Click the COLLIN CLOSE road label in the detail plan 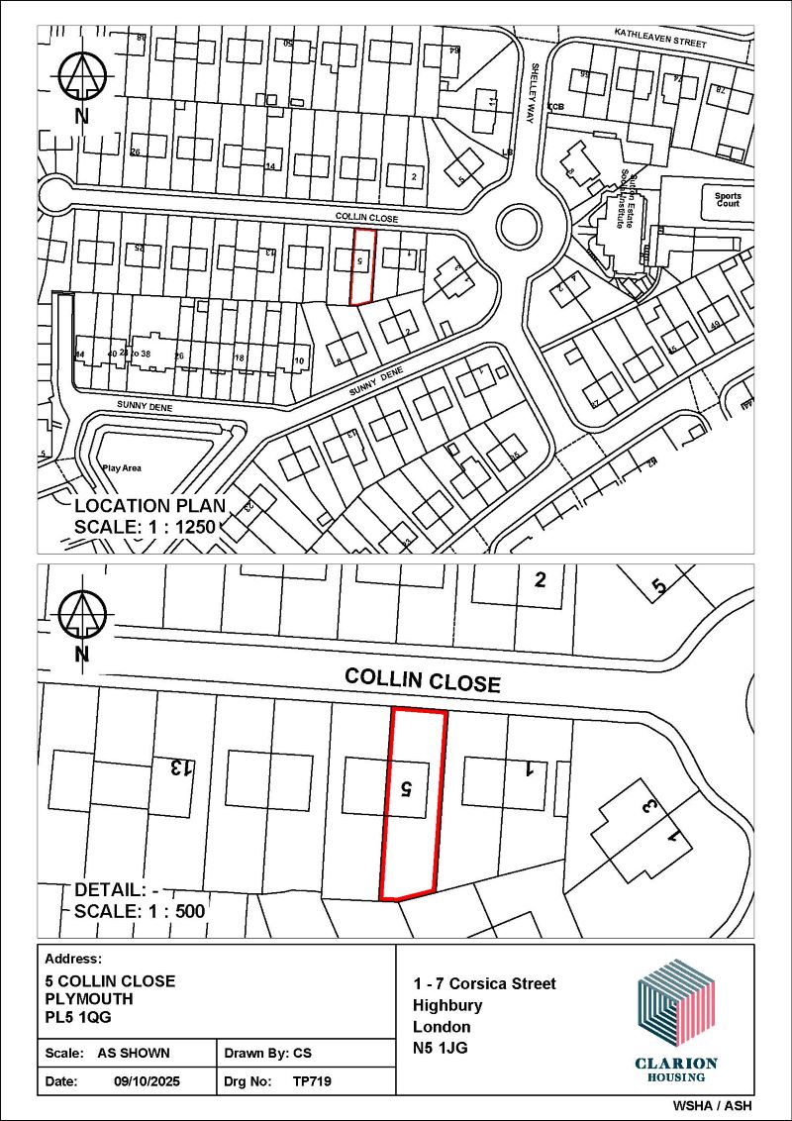point(423,679)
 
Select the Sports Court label point(728,200)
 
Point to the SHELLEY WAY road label point(533,80)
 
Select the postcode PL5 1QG point(79,1016)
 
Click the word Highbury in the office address point(448,1004)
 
